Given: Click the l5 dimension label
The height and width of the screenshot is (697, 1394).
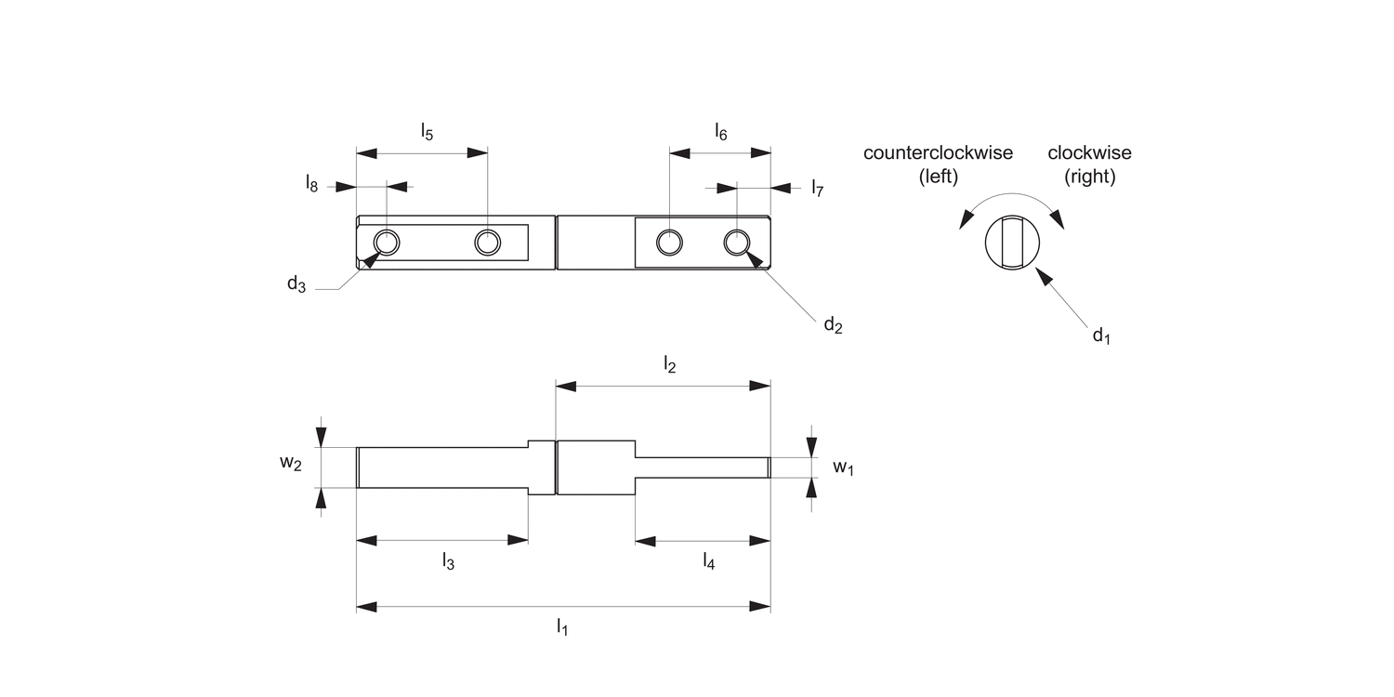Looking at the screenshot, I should point(427,131).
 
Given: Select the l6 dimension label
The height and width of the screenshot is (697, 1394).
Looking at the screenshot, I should point(721,132).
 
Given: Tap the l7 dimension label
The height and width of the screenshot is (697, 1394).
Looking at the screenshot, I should point(817,189).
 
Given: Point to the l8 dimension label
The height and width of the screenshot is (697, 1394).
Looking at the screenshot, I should point(311,183).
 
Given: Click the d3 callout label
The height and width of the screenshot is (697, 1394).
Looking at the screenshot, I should point(296,284).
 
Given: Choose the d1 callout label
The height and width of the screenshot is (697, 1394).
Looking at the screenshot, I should point(1101,335).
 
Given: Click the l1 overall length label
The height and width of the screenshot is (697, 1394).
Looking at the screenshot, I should point(562,628).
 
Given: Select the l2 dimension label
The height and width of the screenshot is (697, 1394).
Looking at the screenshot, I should point(669,365).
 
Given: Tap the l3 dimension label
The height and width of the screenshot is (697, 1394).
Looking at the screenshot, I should point(448,561).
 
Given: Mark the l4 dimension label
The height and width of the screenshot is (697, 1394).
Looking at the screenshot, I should point(709,561).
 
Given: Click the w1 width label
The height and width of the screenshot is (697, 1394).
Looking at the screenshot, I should point(842,467).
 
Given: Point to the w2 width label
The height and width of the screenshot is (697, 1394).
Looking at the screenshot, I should point(291,463).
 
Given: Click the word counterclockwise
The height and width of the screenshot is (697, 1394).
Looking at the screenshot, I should point(938,153).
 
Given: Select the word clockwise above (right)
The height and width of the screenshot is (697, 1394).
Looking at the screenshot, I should point(1089,153).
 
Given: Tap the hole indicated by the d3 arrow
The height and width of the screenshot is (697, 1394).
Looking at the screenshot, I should point(387,243).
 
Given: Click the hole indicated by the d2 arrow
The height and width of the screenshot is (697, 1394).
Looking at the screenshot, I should point(737,243).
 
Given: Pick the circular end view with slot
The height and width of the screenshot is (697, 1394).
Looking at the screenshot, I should point(1012,243).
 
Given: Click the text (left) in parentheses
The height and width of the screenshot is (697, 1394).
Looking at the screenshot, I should point(938,177).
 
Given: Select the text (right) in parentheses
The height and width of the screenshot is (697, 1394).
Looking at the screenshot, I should point(1089,177).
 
